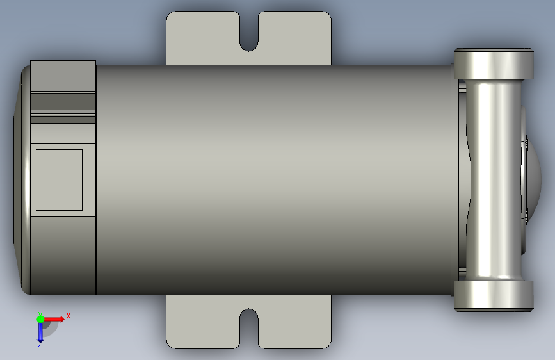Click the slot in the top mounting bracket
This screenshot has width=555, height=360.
pyautogui.click(x=249, y=31)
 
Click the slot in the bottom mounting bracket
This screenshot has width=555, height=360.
pyautogui.click(x=249, y=329)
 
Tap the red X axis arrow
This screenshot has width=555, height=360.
pyautogui.click(x=53, y=319)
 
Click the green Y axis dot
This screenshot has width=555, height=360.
pyautogui.click(x=40, y=319)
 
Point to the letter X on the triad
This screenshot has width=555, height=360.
pyautogui.click(x=68, y=316)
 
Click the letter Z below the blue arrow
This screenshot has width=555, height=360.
pyautogui.click(x=40, y=345)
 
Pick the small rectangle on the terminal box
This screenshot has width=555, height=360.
pyautogui.click(x=59, y=180)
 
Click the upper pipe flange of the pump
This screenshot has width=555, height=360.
pyautogui.click(x=494, y=64)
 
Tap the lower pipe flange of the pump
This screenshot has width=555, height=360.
pyautogui.click(x=494, y=296)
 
